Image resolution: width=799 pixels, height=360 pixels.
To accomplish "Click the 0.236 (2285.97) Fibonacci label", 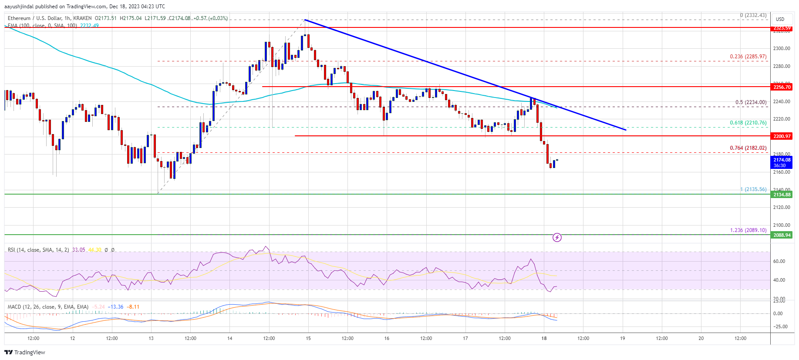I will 748,57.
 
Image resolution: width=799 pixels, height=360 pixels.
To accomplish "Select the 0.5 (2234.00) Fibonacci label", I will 751,102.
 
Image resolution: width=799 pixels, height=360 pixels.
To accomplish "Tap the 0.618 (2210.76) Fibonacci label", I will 748,123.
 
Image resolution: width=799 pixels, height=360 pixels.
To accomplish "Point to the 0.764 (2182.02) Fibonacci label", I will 748,148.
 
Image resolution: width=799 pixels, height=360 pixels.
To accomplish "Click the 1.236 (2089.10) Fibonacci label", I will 748,230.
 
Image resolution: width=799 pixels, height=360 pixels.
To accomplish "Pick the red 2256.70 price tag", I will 782,87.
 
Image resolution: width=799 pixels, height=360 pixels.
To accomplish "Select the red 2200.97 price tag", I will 782,136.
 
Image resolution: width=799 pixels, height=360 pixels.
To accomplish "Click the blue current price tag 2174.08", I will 782,160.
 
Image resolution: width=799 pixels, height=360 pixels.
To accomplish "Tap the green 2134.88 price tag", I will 782,195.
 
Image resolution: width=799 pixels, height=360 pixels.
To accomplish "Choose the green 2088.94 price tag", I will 782,235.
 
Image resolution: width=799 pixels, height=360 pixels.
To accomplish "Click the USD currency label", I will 780,19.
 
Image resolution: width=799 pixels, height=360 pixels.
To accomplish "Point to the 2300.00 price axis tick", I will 782,48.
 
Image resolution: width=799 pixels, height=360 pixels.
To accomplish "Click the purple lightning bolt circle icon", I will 557,237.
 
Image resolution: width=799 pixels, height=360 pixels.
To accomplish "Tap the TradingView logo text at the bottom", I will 29,352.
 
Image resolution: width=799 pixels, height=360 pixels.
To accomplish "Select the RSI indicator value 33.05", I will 78,250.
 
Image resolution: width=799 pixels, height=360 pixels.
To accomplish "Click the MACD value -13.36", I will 116,307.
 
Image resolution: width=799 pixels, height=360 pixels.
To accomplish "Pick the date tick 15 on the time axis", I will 308,338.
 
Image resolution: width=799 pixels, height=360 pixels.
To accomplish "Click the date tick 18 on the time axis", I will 544,338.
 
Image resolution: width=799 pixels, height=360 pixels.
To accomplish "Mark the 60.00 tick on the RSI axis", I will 779,261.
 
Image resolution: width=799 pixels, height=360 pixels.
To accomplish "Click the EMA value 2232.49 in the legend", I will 89,26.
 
